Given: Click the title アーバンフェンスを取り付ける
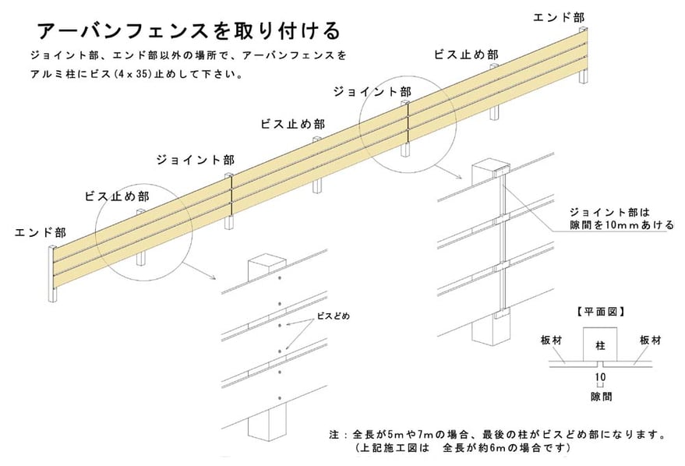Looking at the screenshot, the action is (x=189, y=30).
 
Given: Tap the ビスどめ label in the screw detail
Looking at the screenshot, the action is (x=334, y=316).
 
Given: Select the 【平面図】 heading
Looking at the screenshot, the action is (x=600, y=312).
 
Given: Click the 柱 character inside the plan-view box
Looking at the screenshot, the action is (x=600, y=345).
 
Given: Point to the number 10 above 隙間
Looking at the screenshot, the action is (x=600, y=377).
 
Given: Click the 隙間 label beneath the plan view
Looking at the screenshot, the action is (x=601, y=397).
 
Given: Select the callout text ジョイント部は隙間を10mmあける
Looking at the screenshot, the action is (x=621, y=218).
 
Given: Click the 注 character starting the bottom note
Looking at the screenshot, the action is (x=334, y=435).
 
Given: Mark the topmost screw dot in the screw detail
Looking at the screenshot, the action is (x=279, y=278).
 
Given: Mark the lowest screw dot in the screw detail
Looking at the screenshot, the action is (x=279, y=398).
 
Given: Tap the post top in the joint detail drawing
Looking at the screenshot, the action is (x=491, y=168).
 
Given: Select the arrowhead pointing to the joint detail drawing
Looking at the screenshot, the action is (x=460, y=178).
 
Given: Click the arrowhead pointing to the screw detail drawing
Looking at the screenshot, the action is (x=214, y=277).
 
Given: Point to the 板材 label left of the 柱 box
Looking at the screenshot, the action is (x=551, y=341).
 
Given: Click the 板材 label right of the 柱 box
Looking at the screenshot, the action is (x=651, y=341).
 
